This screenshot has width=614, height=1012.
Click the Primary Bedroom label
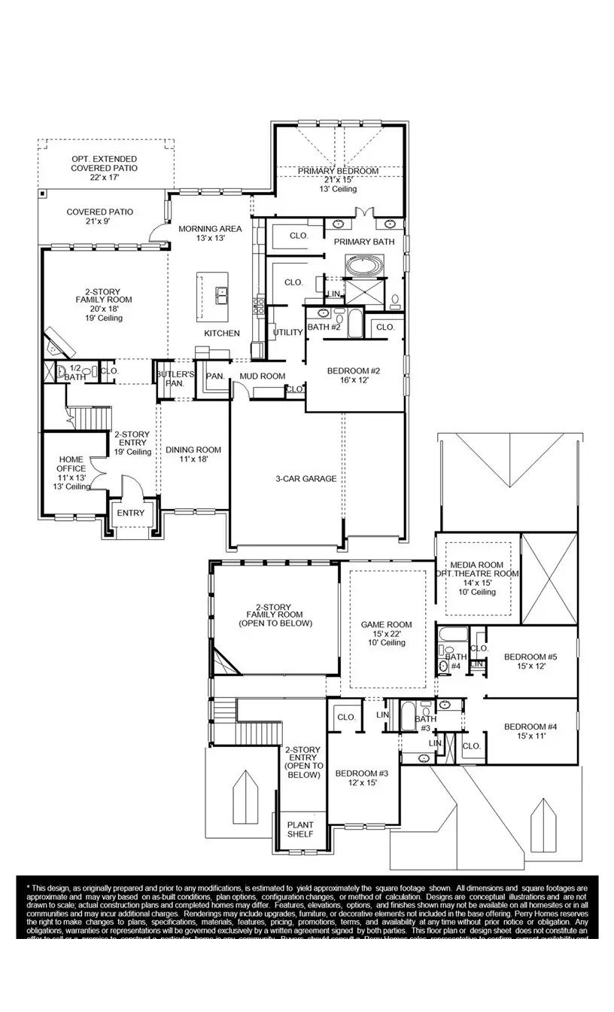click(338, 172)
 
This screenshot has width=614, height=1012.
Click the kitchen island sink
click(223, 296)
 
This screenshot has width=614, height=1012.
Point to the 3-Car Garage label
click(305, 479)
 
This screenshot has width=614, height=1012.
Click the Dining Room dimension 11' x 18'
click(193, 459)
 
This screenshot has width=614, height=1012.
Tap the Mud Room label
click(262, 376)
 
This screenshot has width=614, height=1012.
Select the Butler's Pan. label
click(176, 378)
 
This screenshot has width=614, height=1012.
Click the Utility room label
click(287, 332)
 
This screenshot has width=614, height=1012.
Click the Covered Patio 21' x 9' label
click(99, 212)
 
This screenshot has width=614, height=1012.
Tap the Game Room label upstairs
click(386, 624)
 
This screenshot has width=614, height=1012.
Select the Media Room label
click(476, 565)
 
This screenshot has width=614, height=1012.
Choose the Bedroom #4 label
click(530, 727)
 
